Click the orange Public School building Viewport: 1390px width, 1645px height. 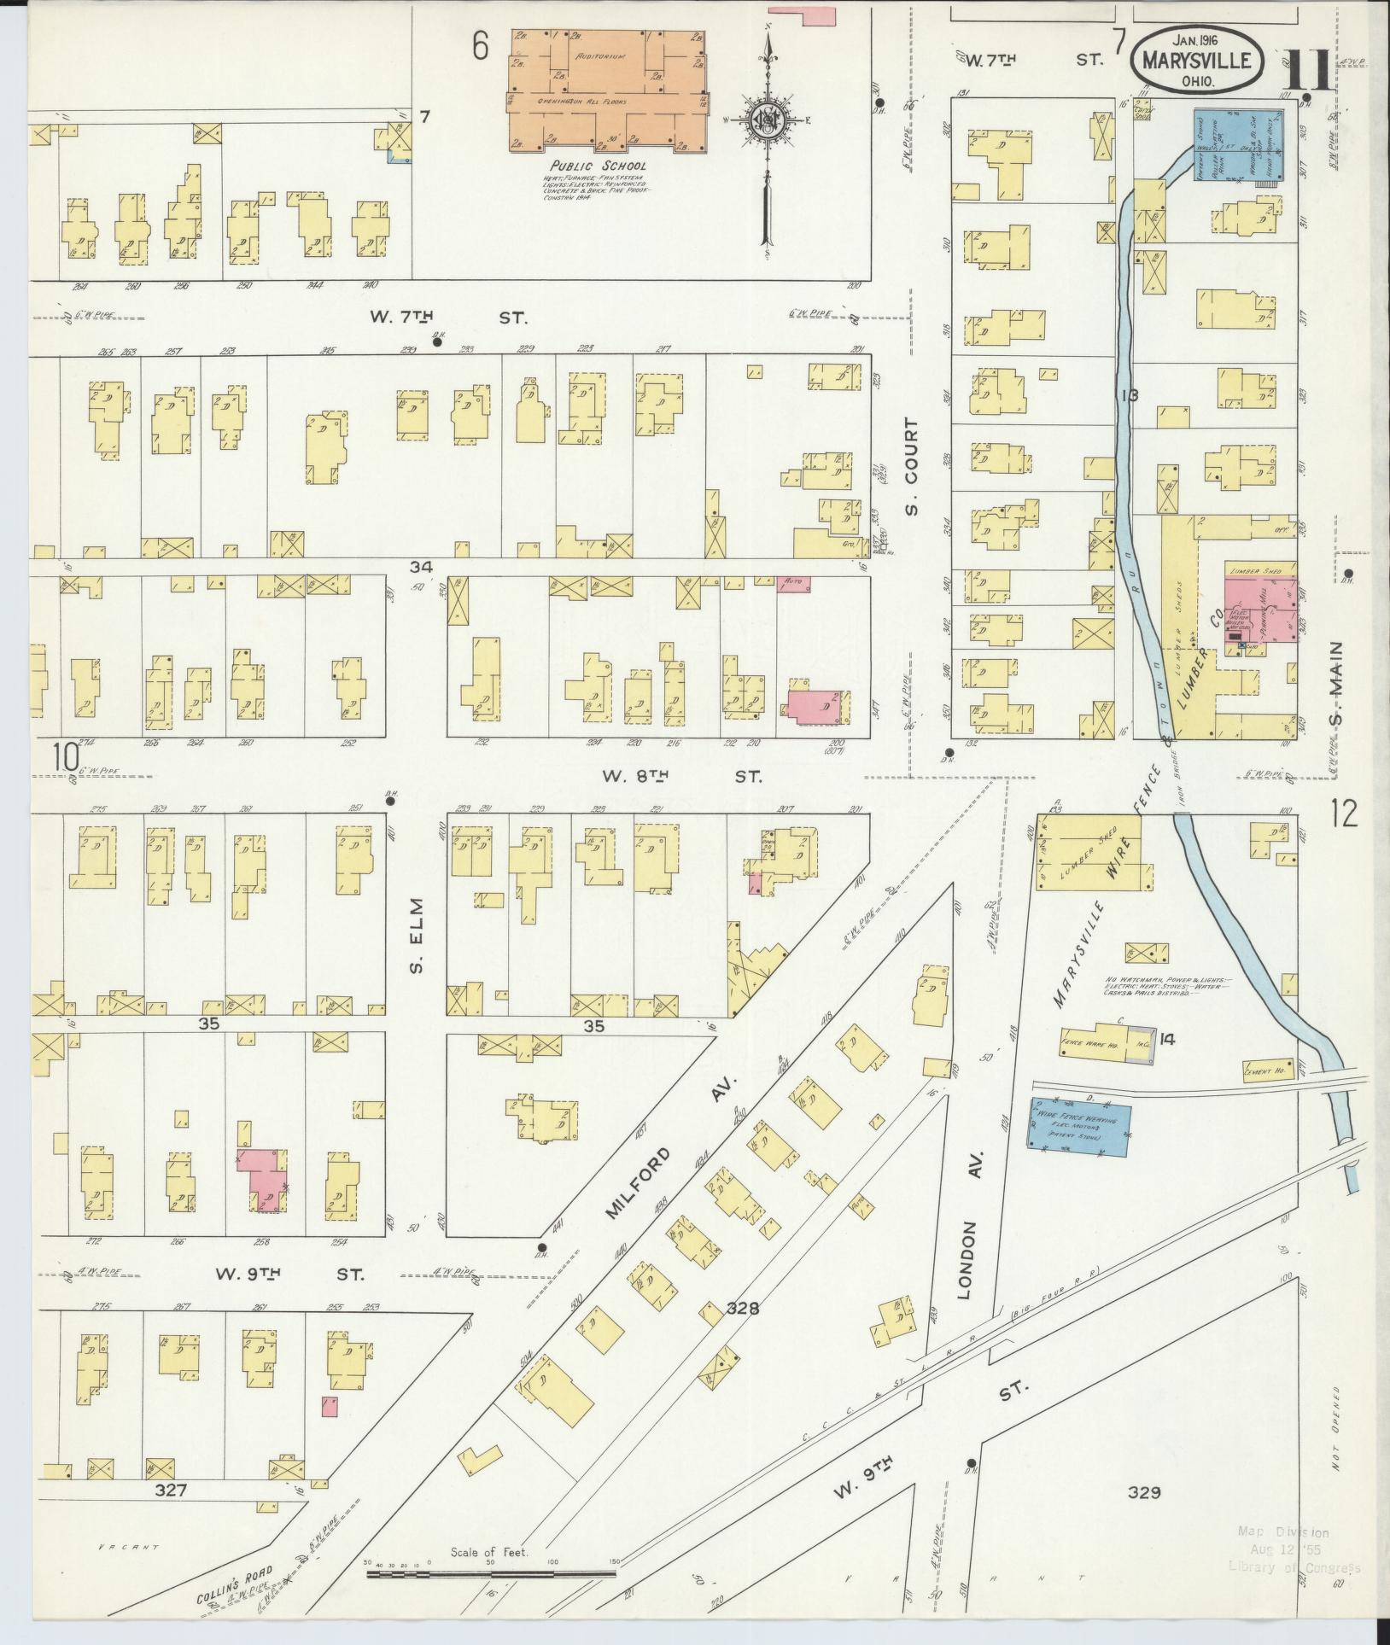[x=608, y=90]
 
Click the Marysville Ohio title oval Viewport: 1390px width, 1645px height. [x=1198, y=61]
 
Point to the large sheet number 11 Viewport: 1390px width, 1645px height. [x=1306, y=72]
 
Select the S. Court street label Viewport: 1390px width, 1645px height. [x=912, y=467]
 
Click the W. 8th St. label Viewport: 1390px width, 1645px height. [x=681, y=776]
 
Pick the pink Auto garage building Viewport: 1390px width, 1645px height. [x=792, y=585]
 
